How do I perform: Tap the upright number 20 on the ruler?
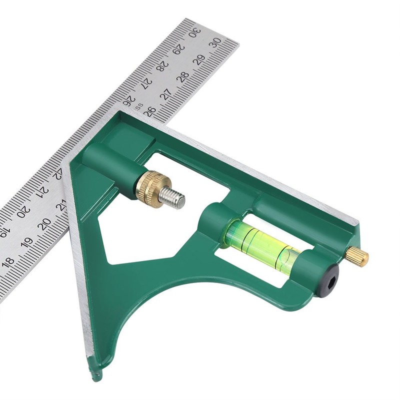(44, 224)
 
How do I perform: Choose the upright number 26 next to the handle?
(149, 111)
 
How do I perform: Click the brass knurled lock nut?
(150, 187)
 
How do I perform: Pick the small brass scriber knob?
(357, 256)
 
